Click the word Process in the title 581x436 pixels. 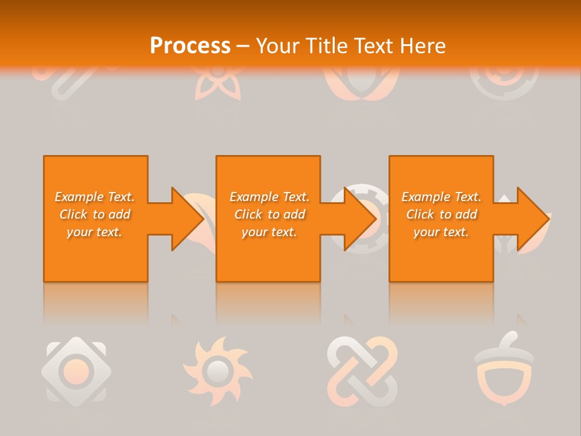pos(190,46)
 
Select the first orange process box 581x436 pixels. pos(96,254)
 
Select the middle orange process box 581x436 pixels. pos(268,254)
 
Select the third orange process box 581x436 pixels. pos(441,254)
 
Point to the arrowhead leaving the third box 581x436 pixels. pos(533,219)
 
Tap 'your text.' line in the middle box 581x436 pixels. pos(269,232)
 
